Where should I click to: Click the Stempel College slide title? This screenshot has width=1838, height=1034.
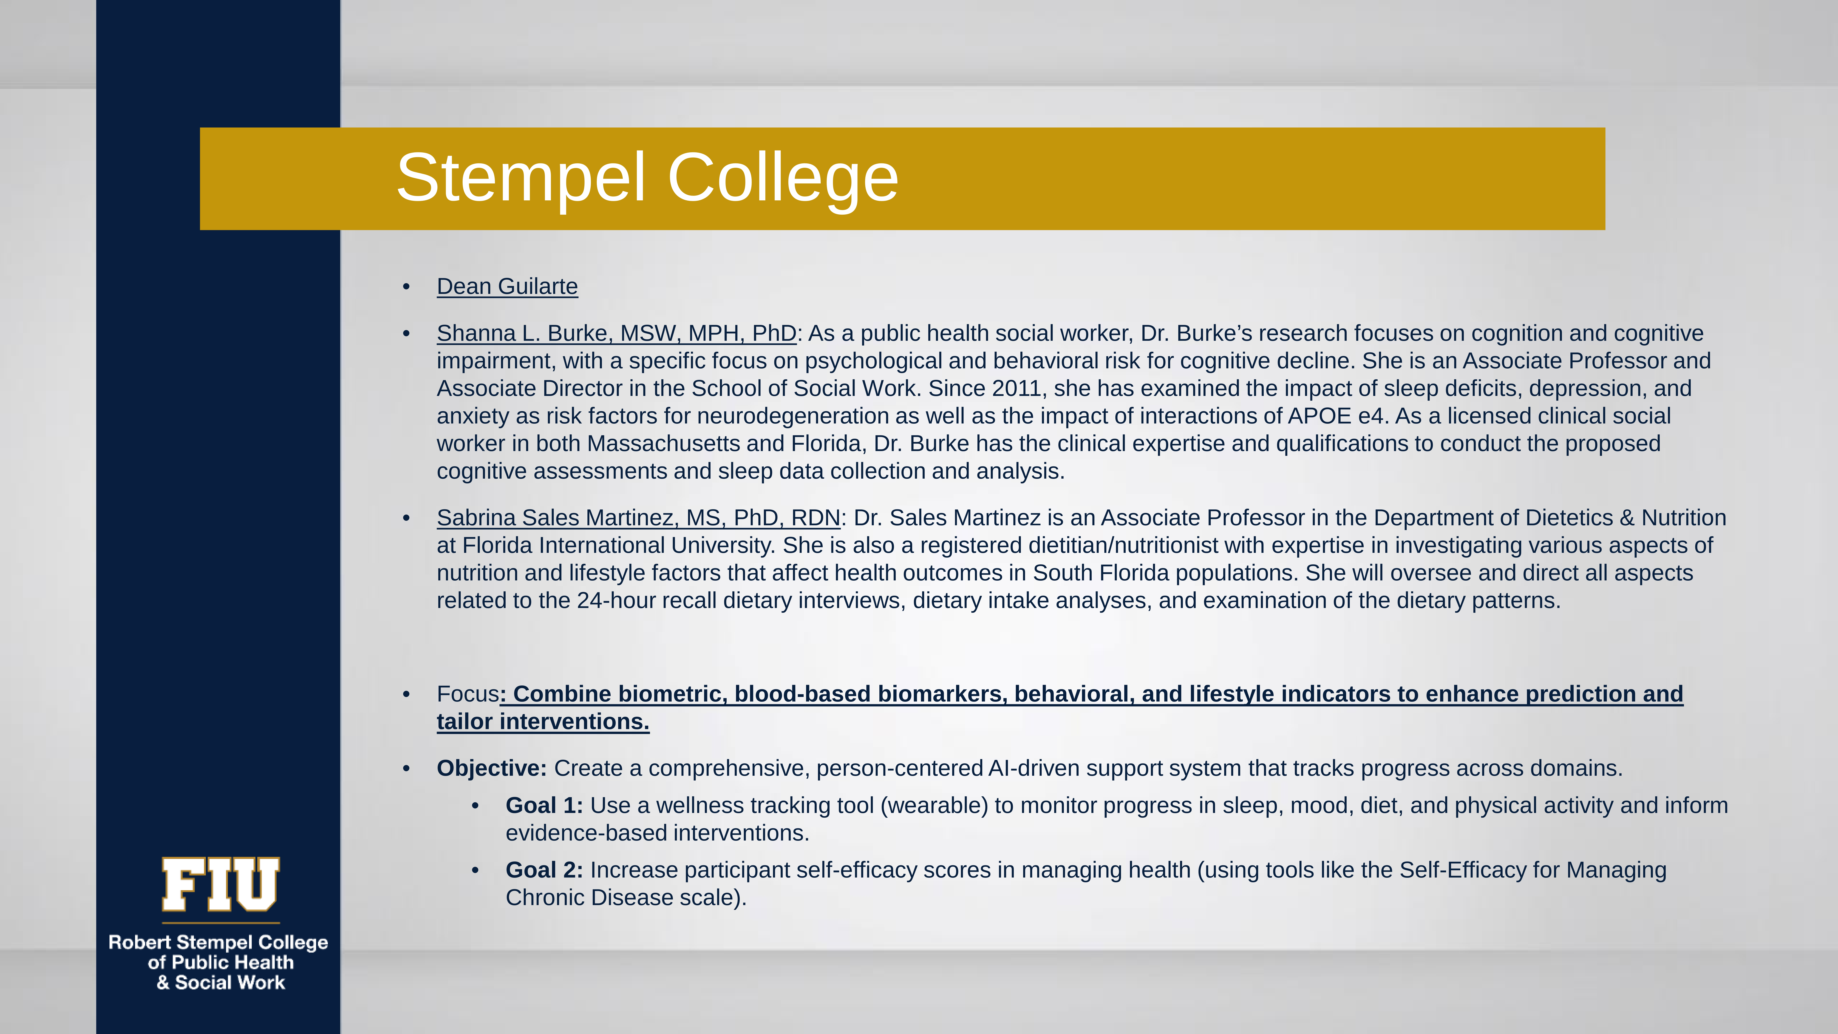[647, 178]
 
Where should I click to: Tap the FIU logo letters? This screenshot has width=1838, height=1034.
[221, 885]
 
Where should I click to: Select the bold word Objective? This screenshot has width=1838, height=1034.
[492, 769]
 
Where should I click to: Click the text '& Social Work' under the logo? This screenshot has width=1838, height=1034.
[221, 983]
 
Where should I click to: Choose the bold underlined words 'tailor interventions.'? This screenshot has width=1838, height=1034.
[543, 722]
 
